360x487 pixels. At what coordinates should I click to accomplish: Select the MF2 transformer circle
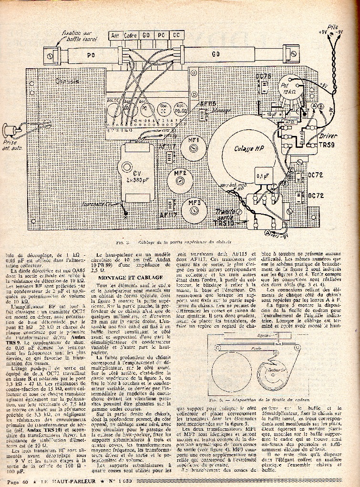(180, 178)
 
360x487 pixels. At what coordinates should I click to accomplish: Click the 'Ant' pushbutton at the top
(115, 35)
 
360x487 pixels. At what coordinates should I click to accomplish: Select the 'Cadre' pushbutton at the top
(130, 35)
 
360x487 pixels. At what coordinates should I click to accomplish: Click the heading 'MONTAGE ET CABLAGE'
(123, 277)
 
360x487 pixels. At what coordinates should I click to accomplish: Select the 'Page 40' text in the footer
(17, 482)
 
